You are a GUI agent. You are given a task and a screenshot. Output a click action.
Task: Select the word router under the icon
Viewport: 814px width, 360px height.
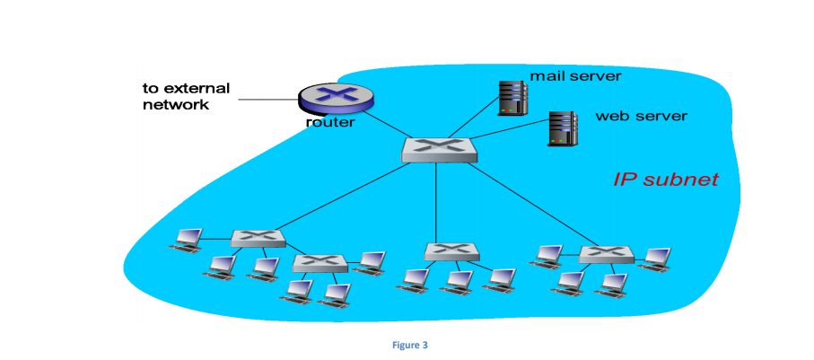coord(329,122)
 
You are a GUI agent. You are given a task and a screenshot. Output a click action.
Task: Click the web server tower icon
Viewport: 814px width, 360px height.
coord(562,127)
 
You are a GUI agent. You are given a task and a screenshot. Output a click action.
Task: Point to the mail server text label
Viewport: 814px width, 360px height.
coord(575,75)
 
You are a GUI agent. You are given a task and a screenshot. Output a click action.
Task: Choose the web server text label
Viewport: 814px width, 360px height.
coord(641,116)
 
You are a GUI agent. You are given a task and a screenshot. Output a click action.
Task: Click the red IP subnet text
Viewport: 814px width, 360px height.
coord(665,180)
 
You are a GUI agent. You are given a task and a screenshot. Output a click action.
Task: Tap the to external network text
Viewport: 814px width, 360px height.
coord(186,96)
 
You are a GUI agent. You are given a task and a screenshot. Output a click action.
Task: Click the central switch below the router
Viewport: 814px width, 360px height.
coord(439,150)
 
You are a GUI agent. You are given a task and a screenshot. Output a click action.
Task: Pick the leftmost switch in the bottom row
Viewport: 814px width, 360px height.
coord(258,238)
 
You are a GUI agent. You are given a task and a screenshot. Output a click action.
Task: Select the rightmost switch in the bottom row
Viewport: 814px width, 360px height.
coord(606,254)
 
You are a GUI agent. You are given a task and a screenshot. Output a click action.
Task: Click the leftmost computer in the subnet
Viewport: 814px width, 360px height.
coord(188,240)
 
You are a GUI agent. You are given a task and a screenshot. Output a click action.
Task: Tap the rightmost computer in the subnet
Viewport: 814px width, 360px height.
coord(654,259)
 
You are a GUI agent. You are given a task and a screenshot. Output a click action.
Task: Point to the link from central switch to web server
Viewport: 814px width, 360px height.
coord(511,143)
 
